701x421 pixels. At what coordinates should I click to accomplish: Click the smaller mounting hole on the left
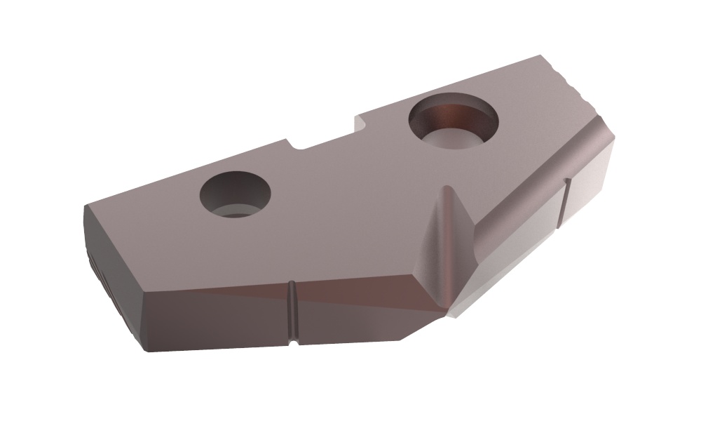235,194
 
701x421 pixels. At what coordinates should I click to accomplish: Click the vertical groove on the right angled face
566,203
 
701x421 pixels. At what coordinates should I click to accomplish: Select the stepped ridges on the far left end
95,267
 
